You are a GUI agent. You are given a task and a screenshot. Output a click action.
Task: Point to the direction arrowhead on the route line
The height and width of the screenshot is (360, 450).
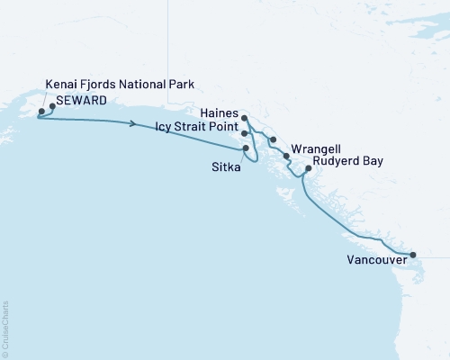pos(133,124)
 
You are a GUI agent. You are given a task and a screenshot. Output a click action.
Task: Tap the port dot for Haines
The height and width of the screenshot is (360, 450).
pos(245,117)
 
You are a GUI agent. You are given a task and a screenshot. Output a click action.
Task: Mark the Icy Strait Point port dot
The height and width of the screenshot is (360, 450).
pos(245,132)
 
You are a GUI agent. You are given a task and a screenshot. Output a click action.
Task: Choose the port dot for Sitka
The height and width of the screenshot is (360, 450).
pos(245,148)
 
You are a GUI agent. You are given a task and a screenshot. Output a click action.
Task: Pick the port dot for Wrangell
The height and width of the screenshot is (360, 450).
pos(287,156)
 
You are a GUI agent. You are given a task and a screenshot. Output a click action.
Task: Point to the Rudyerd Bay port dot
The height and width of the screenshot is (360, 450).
pos(309,168)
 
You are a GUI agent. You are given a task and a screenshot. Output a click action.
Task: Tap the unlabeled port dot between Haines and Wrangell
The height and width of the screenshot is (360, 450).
pos(272,140)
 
